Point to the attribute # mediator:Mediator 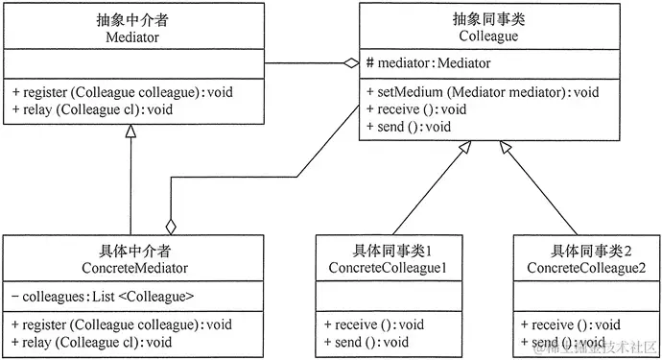[429, 63]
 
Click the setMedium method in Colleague [483, 92]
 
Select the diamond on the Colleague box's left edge [351, 63]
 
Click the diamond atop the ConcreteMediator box [171, 227]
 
